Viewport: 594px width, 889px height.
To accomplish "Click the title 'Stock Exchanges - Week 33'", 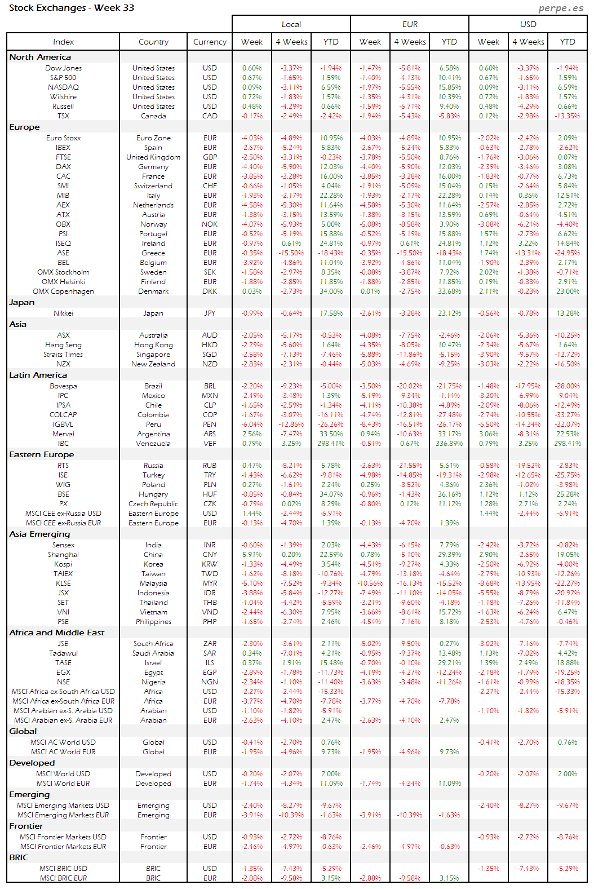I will click(x=72, y=8).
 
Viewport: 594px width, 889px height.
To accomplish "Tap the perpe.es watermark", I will click(x=560, y=8).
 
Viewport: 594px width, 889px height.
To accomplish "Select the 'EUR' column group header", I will click(x=410, y=24).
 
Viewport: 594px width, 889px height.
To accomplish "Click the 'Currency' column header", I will click(x=210, y=42).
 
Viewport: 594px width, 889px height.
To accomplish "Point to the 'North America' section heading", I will click(x=40, y=57).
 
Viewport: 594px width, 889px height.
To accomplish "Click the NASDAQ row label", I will click(x=63, y=87).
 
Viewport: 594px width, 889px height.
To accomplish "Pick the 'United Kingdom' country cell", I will click(x=153, y=157).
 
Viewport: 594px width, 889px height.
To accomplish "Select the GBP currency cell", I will click(x=210, y=157).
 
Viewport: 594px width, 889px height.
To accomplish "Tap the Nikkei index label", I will click(x=63, y=313).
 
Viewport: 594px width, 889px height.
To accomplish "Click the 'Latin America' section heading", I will click(x=38, y=375).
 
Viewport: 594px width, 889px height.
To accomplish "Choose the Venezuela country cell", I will click(x=153, y=444).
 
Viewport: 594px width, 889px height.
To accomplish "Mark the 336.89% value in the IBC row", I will click(x=449, y=444).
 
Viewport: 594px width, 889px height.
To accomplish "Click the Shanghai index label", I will click(x=63, y=555).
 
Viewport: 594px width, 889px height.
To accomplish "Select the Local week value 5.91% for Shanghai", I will click(x=252, y=555).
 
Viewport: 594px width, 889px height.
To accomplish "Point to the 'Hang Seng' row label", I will click(x=63, y=345).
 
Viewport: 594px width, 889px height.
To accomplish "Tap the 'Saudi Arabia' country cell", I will click(x=153, y=653).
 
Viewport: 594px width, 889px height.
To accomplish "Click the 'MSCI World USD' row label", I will click(x=63, y=774).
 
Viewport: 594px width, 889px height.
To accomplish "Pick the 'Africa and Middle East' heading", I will click(x=56, y=633).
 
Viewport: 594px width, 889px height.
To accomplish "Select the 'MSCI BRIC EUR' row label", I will click(x=63, y=878).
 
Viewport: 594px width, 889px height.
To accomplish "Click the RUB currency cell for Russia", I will click(x=210, y=466).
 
